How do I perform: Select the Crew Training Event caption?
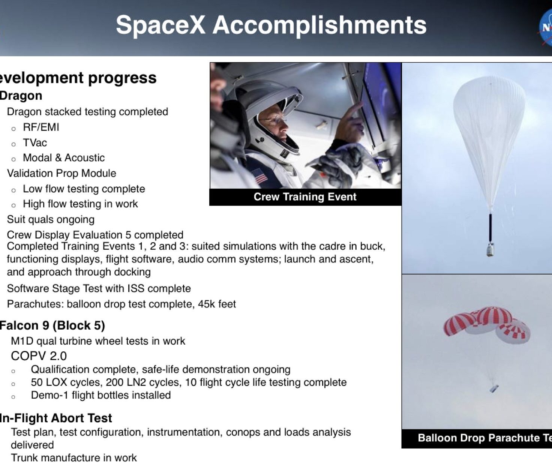coord(305,197)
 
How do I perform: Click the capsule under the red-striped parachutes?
coord(494,388)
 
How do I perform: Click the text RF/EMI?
coord(41,127)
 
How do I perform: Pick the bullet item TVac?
coord(35,142)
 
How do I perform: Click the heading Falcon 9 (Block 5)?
coord(52,325)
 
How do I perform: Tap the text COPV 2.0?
coord(39,356)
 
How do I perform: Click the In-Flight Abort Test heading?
coord(55,418)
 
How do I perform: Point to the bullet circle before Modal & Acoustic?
coord(13,159)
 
